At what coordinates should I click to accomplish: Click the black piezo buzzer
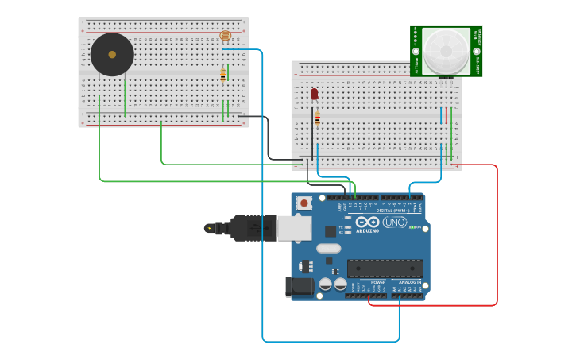point(112,55)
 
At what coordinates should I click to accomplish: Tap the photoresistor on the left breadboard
point(225,36)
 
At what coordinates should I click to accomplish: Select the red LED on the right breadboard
point(314,94)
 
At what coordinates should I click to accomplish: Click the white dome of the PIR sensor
point(445,49)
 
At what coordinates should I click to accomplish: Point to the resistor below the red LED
point(317,118)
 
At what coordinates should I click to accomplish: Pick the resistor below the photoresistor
point(223,75)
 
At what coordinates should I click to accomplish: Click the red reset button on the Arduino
point(303,203)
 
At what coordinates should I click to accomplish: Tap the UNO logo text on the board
point(395,223)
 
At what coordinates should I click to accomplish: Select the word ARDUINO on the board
point(367,231)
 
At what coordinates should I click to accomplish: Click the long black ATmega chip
point(385,269)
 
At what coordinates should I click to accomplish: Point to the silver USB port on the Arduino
point(294,228)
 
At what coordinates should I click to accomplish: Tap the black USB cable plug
point(253,228)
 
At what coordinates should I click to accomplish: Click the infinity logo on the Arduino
point(367,222)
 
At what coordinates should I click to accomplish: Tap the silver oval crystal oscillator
point(328,248)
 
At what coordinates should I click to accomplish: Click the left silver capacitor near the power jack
point(325,284)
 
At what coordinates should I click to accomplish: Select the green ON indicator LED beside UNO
point(413,227)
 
